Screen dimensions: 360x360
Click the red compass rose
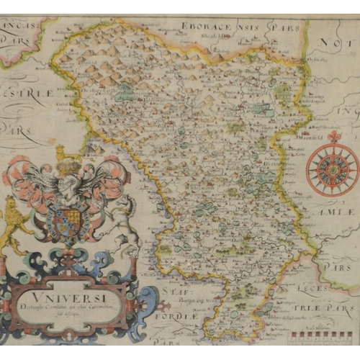point(332,171)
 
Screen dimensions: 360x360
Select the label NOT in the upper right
point(338,43)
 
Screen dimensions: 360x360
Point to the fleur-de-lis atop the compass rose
point(333,137)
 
